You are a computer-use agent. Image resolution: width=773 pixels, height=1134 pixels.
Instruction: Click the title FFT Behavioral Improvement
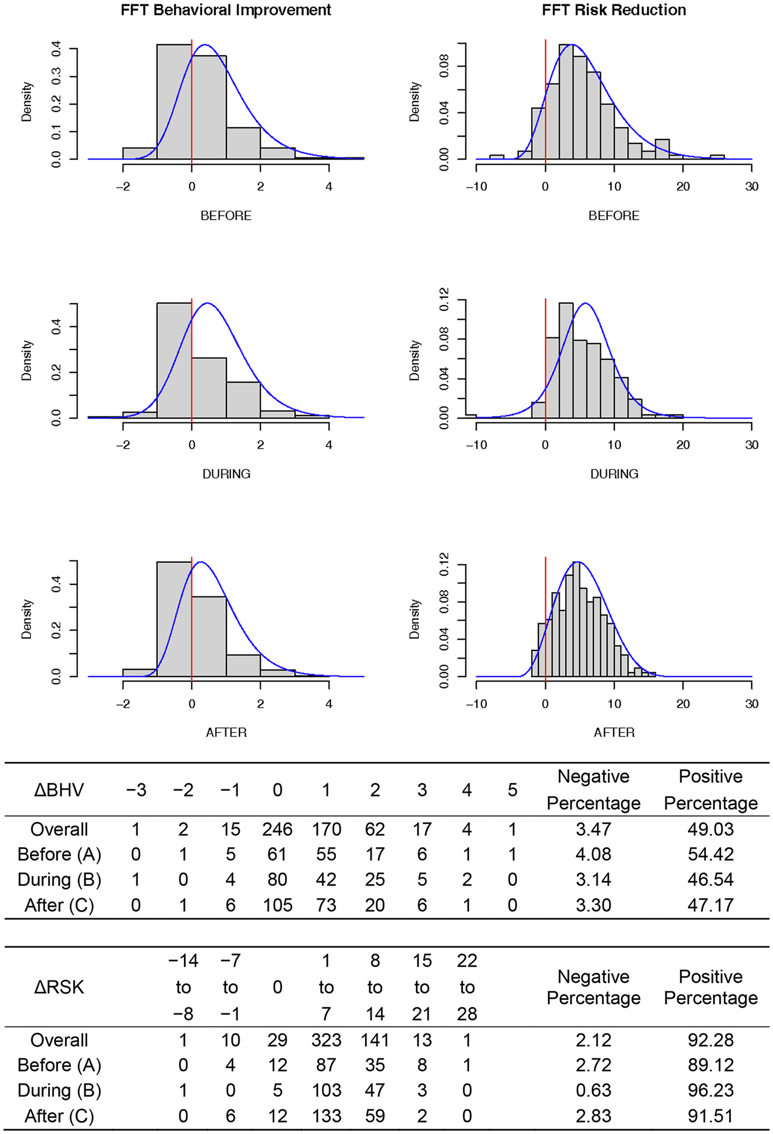point(226,10)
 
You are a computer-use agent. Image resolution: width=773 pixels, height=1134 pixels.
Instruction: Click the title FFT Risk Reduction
point(614,10)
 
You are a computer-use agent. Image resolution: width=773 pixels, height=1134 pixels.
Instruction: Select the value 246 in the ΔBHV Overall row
point(277,829)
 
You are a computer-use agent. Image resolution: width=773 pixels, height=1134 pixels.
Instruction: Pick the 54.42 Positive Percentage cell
point(710,854)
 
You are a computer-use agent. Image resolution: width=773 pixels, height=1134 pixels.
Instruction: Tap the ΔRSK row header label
point(59,987)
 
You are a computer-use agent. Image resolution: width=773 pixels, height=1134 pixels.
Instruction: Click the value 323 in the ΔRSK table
point(326,1040)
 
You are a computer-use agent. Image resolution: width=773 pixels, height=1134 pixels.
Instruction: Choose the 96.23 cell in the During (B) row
point(710,1090)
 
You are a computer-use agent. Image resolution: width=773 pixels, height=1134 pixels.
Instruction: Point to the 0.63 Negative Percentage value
point(593,1090)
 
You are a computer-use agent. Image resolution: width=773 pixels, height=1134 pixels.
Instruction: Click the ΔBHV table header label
point(59,790)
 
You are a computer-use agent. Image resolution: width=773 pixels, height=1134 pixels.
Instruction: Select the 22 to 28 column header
point(467,987)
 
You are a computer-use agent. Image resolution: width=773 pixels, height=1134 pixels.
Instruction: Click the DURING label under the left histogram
point(226,474)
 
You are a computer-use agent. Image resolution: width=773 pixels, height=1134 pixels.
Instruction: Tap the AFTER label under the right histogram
point(614,732)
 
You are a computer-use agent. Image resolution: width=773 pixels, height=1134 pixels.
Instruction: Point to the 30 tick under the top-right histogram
point(752,186)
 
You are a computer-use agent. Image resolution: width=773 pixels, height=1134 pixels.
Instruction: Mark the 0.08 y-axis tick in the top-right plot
point(444,66)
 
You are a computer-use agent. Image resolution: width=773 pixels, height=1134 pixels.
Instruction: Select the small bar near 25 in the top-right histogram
point(717,157)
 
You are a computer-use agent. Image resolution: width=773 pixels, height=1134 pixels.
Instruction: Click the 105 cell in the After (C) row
point(277,905)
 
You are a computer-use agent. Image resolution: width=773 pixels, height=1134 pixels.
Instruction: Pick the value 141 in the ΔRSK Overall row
point(374,1040)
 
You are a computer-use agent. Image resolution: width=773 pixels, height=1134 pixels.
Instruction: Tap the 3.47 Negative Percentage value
point(593,829)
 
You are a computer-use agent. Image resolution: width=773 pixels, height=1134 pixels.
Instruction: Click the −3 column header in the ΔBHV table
point(136,790)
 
